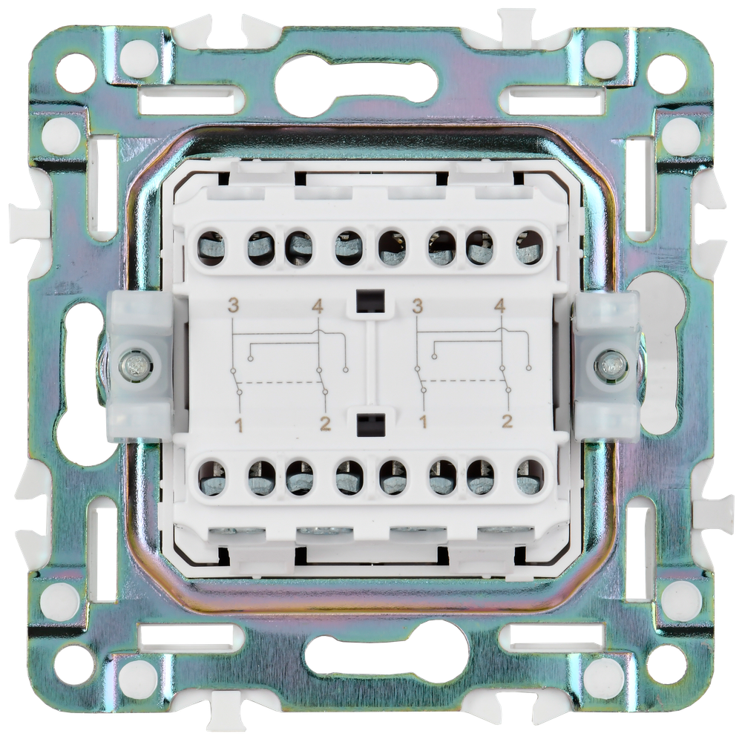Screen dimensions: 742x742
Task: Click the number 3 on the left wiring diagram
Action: coord(232,306)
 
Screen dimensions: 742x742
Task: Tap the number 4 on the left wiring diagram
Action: coord(318,308)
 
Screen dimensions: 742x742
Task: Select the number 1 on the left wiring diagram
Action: coord(240,426)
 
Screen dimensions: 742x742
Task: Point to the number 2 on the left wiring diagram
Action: coord(325,424)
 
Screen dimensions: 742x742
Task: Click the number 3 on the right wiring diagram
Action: coord(417,306)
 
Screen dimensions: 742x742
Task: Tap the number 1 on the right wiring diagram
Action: coord(423,420)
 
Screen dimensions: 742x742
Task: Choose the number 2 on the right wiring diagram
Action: coord(508,420)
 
